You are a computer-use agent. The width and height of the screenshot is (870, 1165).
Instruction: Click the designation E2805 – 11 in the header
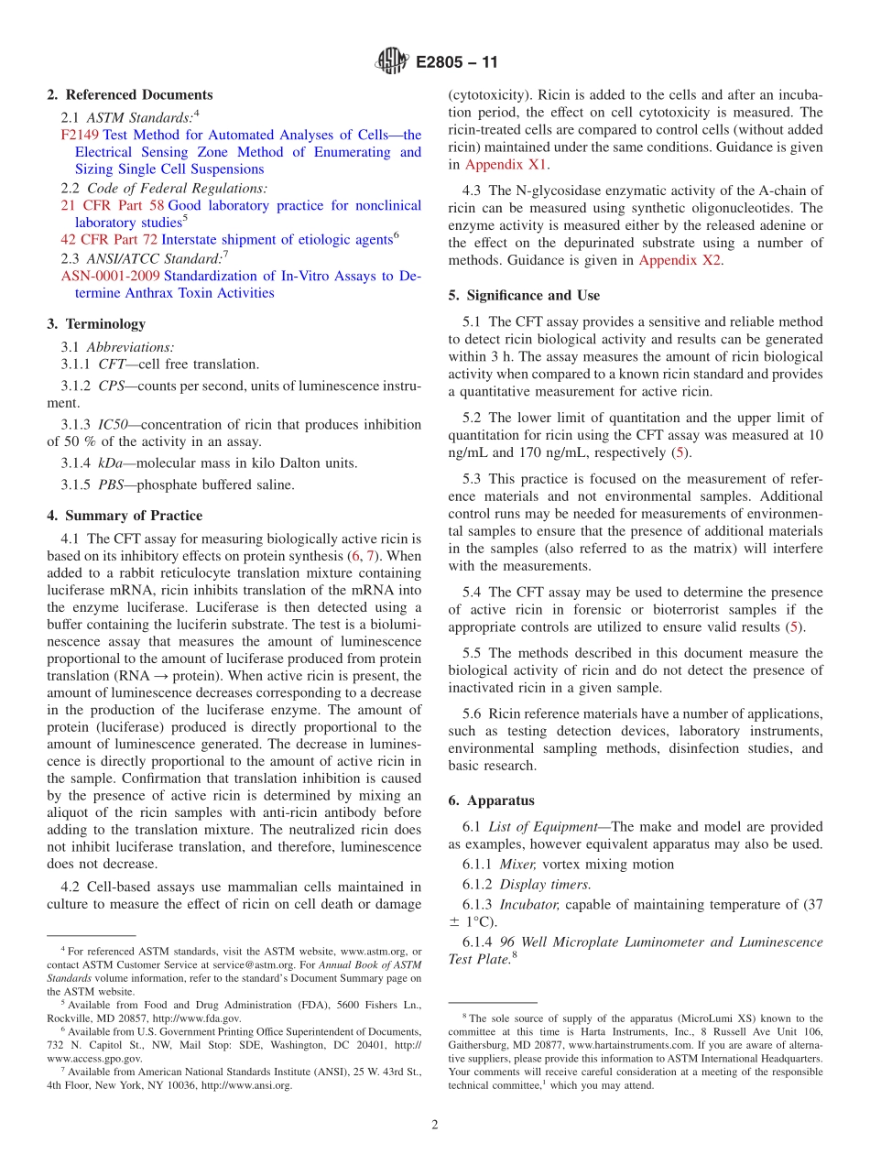pyautogui.click(x=457, y=63)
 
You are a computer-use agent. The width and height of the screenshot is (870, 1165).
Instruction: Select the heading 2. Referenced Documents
pyautogui.click(x=129, y=95)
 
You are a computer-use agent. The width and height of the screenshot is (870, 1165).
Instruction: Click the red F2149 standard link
pyautogui.click(x=80, y=135)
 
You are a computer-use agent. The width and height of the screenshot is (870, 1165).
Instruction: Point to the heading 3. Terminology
pyautogui.click(x=95, y=324)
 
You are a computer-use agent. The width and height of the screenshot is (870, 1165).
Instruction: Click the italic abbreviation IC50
pyautogui.click(x=114, y=425)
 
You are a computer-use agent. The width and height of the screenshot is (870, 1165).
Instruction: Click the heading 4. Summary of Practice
pyautogui.click(x=125, y=516)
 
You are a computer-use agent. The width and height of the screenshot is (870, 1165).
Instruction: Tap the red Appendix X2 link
pyautogui.click(x=680, y=260)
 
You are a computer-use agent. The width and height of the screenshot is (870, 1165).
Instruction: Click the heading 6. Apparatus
pyautogui.click(x=491, y=800)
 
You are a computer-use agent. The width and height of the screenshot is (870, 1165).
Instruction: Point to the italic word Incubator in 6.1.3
pyautogui.click(x=528, y=905)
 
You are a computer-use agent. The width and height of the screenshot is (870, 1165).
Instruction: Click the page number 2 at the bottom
pyautogui.click(x=435, y=1125)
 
